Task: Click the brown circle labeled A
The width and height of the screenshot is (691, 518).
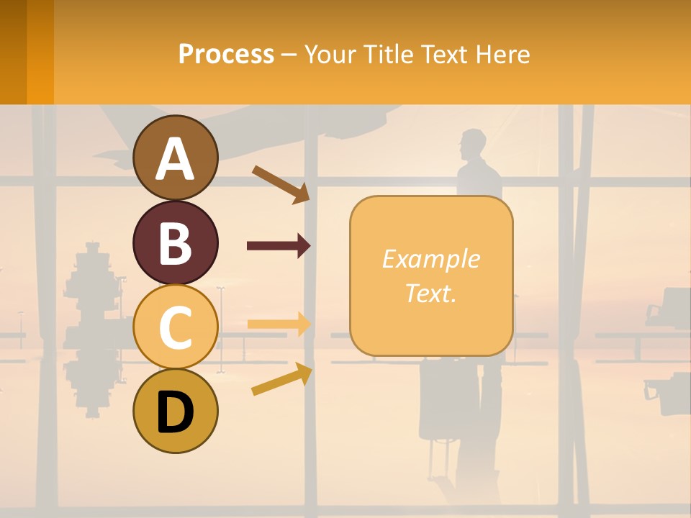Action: [x=176, y=158]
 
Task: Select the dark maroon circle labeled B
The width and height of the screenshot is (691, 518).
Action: [x=176, y=243]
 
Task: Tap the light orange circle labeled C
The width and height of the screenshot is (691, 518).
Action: [x=176, y=327]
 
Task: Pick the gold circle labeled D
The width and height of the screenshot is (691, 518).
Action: [x=176, y=411]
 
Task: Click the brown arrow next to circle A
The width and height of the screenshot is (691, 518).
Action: [x=281, y=184]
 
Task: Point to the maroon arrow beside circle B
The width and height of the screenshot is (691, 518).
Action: [x=279, y=246]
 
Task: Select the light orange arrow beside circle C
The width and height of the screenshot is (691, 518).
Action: [x=279, y=324]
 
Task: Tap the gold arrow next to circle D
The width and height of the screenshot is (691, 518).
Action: [x=281, y=379]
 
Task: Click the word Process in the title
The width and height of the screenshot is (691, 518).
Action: [x=226, y=54]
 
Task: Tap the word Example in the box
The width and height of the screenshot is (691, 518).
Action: [x=430, y=259]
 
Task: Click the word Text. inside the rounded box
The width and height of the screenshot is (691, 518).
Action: [x=430, y=293]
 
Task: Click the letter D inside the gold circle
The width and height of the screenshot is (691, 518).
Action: [x=176, y=414]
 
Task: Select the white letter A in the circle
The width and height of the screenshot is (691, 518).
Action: [x=176, y=159]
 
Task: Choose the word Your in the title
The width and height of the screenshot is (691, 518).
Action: [x=328, y=54]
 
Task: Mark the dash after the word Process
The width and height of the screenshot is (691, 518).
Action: [x=289, y=55]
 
